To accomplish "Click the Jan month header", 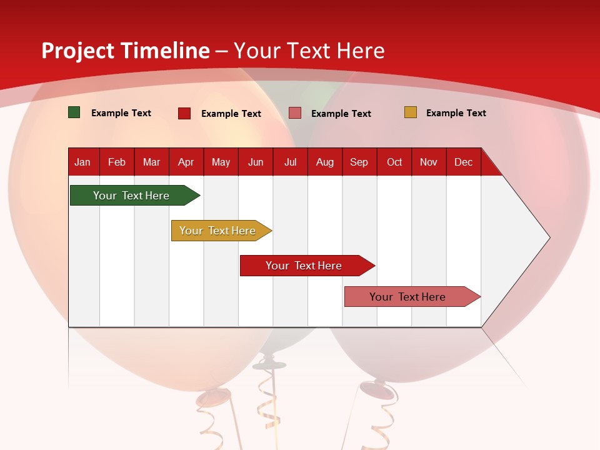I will [82, 162].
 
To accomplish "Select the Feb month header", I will [117, 162].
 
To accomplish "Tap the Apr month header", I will [186, 162].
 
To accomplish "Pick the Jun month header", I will [256, 162].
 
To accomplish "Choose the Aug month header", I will [324, 162].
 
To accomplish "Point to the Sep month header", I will [359, 162].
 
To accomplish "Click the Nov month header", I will [428, 162].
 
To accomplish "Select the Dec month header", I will [463, 162].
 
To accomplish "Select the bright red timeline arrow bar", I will [304, 266].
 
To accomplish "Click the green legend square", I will [74, 112].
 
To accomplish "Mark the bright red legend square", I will [184, 113].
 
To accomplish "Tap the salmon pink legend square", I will [294, 113].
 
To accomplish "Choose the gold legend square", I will [410, 112].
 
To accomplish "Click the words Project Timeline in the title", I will [125, 51].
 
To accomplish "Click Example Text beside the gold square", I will [456, 113].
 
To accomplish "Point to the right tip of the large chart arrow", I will [549, 237].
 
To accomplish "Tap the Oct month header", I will [394, 162].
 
